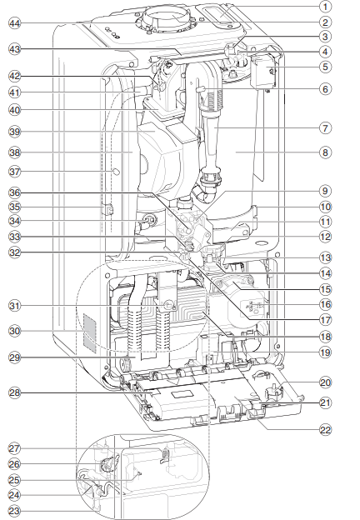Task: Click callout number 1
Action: (x=326, y=7)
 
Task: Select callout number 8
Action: (x=326, y=152)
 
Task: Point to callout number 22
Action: (x=326, y=430)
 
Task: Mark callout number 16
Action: (x=326, y=305)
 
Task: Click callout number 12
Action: (x=326, y=237)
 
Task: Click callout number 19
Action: (x=326, y=352)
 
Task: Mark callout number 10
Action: (x=326, y=206)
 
